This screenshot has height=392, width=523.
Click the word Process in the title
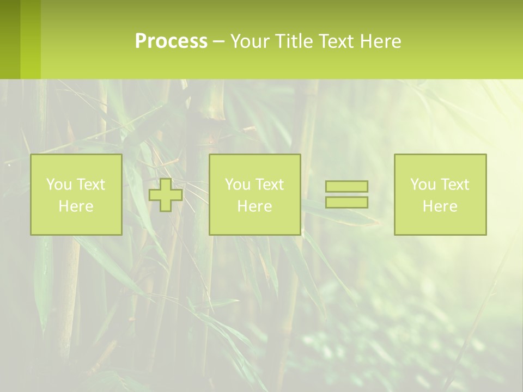point(171,41)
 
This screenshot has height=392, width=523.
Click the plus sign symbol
point(166,195)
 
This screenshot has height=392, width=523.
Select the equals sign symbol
point(346,194)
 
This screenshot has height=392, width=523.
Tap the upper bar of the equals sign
point(346,186)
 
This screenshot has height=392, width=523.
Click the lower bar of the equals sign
point(346,202)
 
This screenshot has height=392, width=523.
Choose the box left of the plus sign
point(76,194)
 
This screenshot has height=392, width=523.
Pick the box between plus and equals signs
point(255,194)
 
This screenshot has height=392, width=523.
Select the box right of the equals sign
point(440,194)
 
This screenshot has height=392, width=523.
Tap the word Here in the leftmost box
point(76,206)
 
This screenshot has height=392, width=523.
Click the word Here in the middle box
point(255,206)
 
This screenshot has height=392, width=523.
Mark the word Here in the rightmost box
point(440,206)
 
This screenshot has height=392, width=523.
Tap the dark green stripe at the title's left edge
point(10,39)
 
